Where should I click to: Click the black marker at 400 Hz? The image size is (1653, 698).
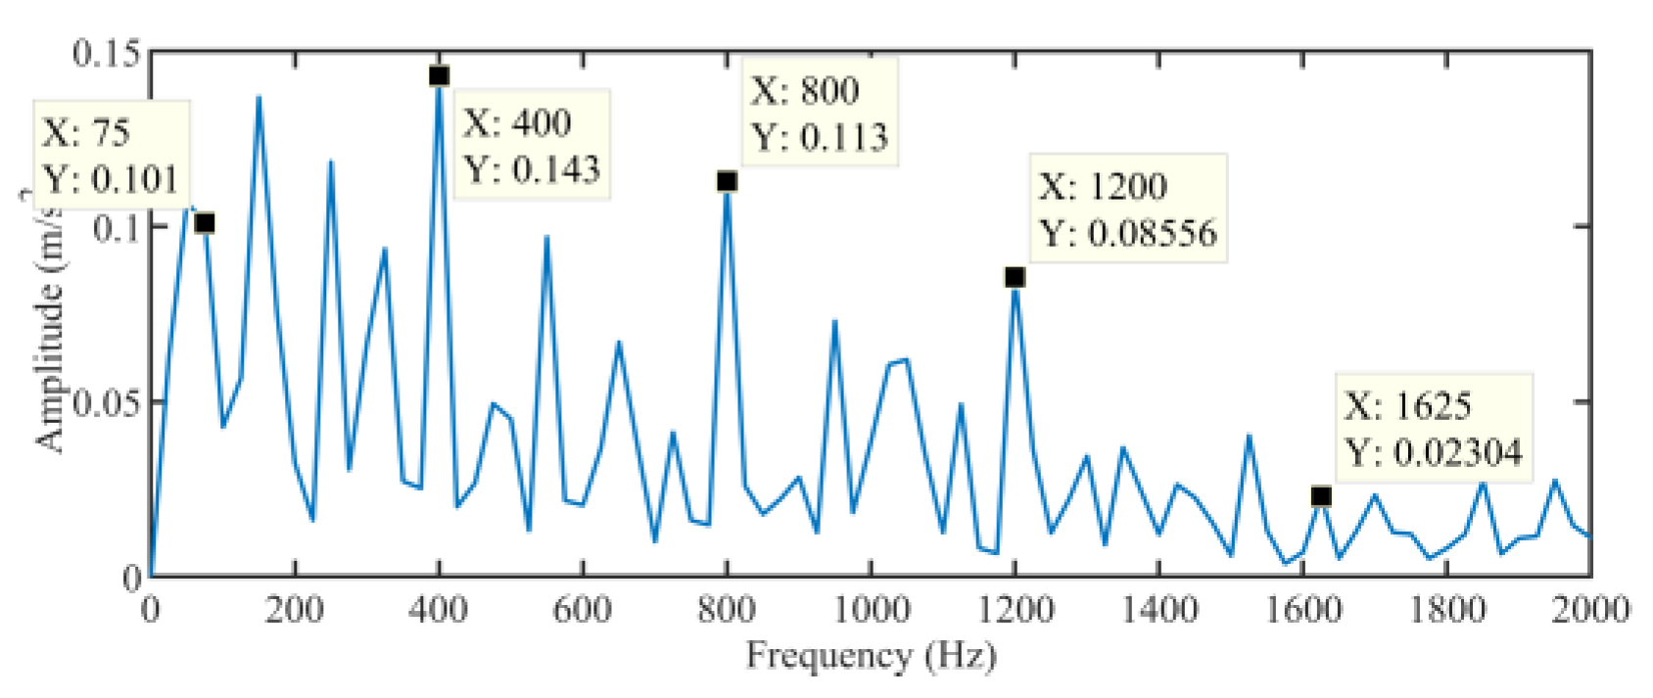[439, 76]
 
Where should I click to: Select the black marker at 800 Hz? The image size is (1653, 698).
[727, 181]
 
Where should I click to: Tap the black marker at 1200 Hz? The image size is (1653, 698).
[1015, 278]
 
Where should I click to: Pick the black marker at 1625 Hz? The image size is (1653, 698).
[1321, 496]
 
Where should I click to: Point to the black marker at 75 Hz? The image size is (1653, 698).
[205, 223]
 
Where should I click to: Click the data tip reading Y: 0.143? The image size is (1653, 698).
[532, 145]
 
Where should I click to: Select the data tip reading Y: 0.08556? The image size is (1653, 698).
[1128, 209]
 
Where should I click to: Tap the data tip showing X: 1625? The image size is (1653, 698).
[1433, 429]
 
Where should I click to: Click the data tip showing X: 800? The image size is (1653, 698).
[820, 113]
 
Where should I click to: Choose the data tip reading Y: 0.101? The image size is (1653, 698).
[111, 155]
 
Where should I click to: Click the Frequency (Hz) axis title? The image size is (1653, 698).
[871, 655]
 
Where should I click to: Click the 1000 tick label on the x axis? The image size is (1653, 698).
[871, 610]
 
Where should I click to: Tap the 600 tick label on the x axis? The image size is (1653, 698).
[583, 610]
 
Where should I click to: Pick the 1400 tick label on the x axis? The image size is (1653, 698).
[1158, 610]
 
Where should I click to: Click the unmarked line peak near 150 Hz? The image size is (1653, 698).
[259, 97]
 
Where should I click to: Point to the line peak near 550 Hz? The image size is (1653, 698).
[546, 237]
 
